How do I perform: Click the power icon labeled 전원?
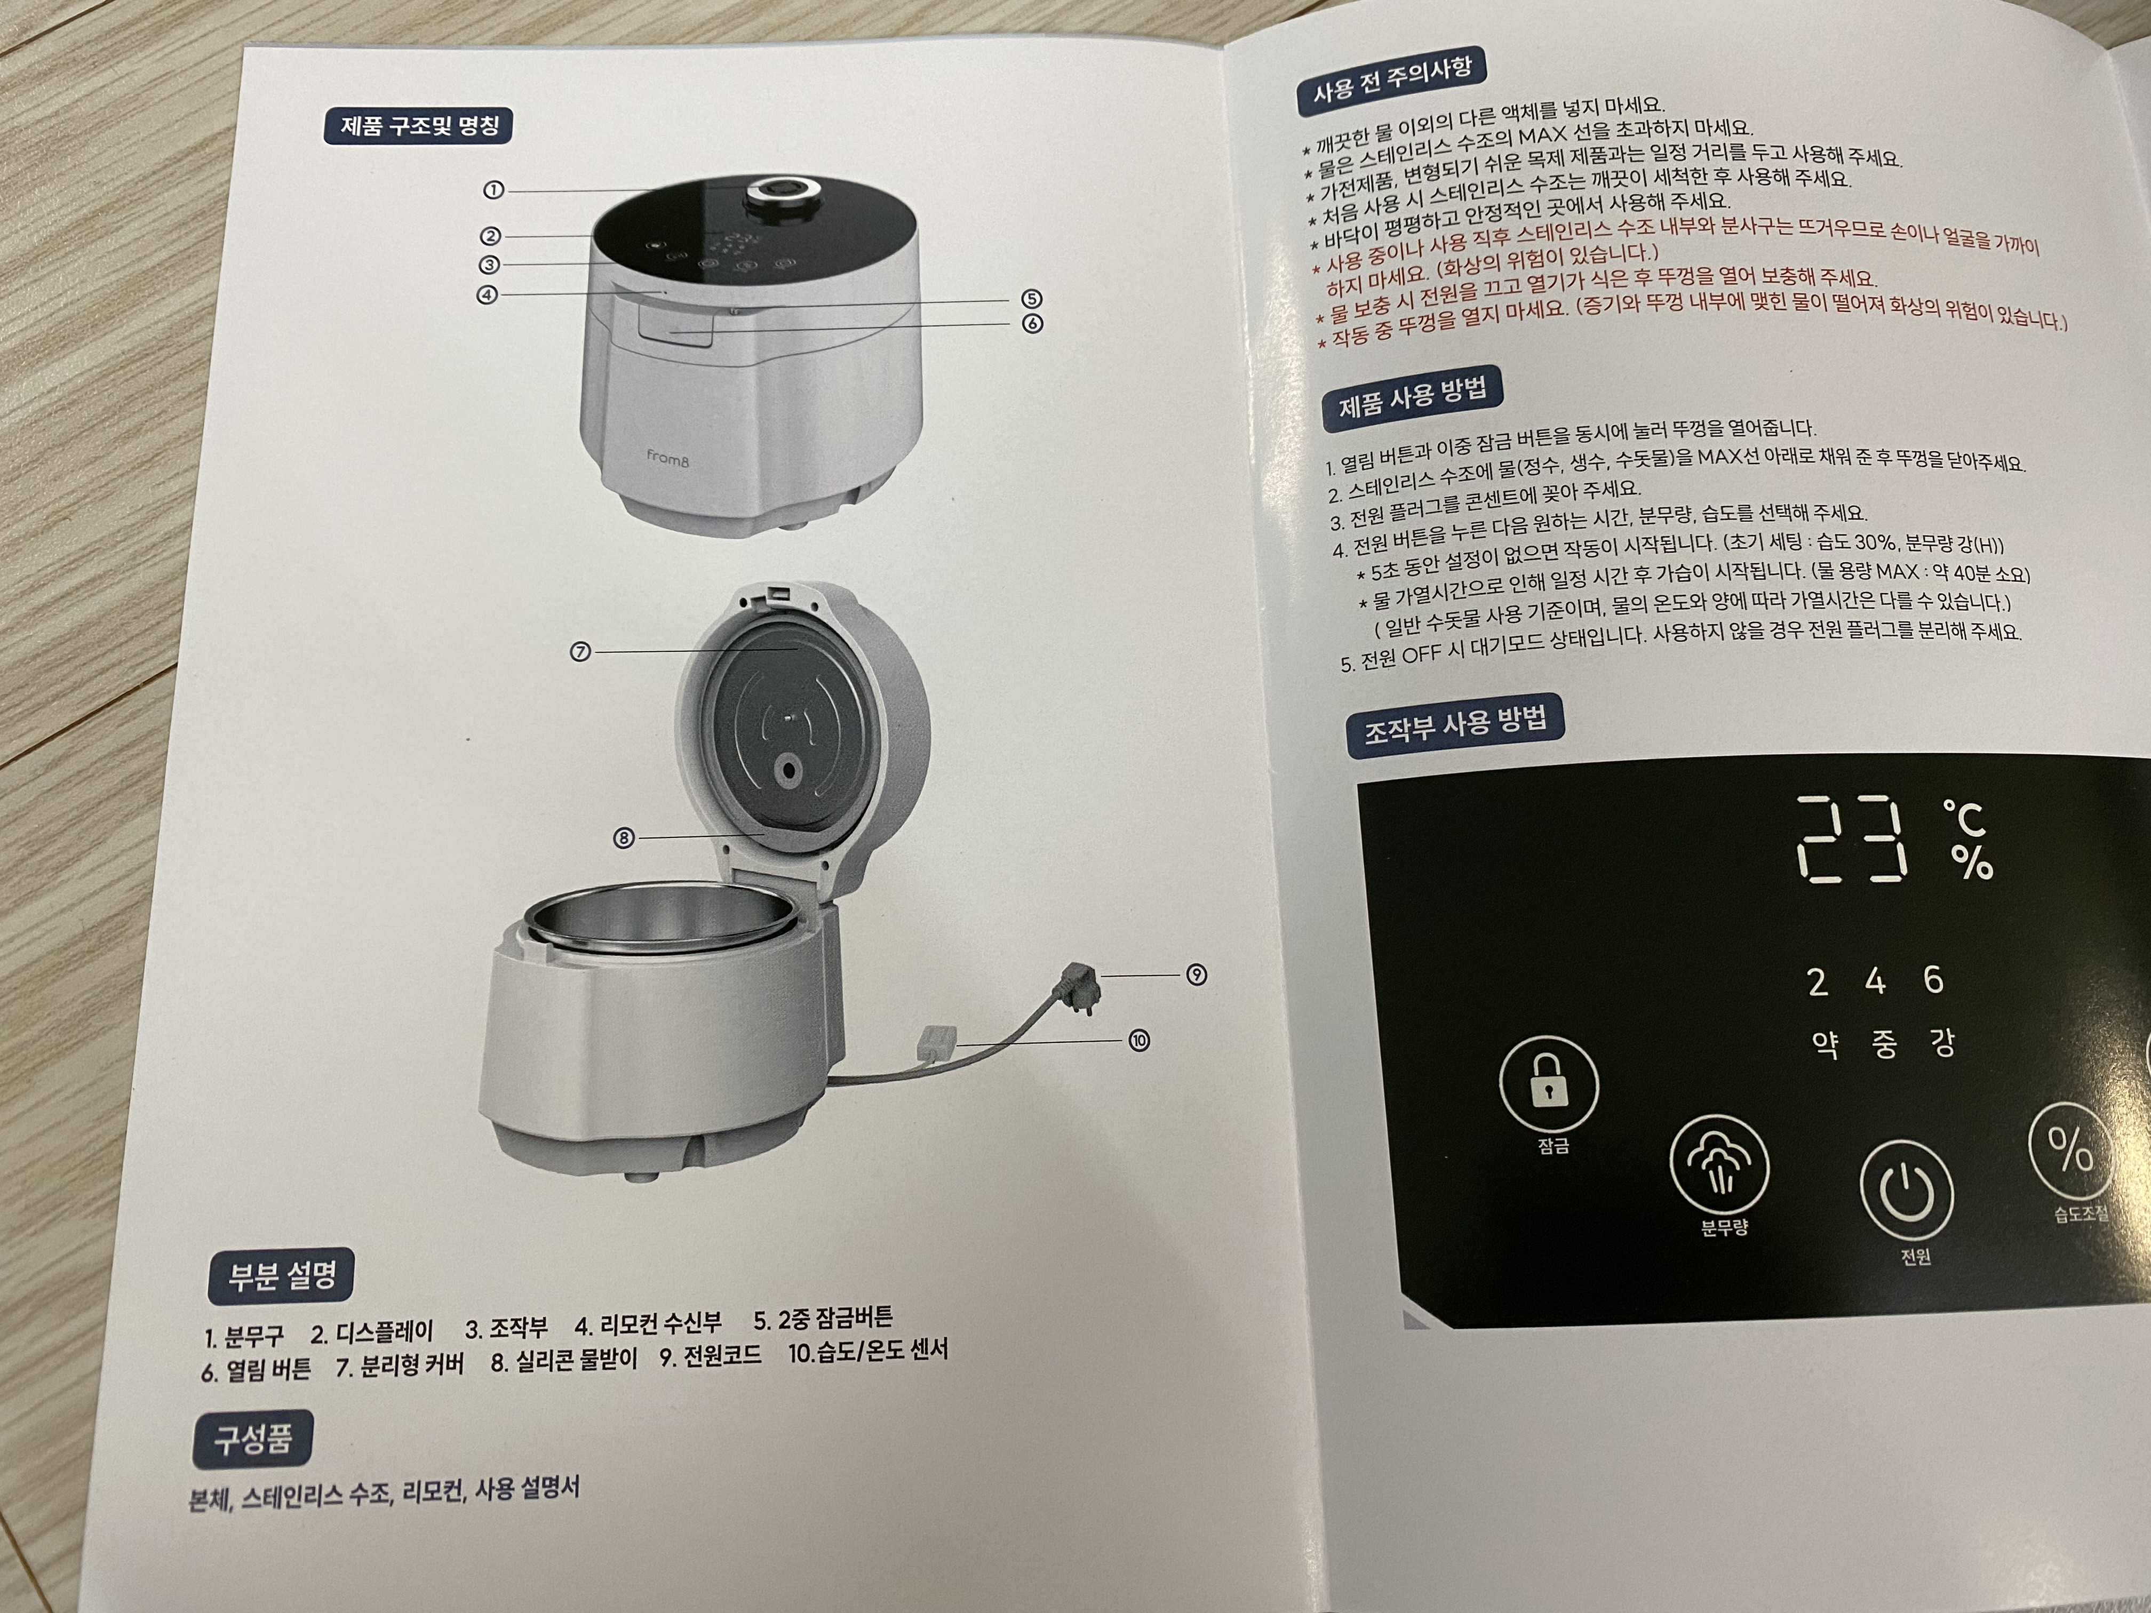click(x=1906, y=1192)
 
